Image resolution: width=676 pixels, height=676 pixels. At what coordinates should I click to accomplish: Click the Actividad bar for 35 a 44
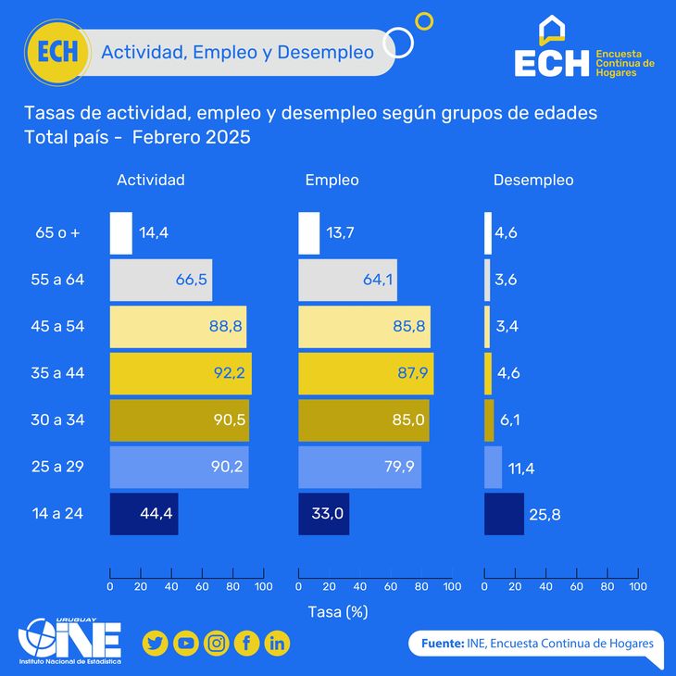(181, 374)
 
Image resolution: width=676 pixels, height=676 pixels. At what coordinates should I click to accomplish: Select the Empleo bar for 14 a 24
(323, 514)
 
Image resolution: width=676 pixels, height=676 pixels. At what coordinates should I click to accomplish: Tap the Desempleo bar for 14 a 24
(504, 514)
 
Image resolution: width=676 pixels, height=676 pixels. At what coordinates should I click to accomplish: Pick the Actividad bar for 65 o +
(121, 233)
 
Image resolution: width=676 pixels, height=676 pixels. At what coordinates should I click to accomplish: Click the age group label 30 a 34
(57, 420)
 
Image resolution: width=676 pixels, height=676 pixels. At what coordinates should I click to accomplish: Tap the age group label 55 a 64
(57, 281)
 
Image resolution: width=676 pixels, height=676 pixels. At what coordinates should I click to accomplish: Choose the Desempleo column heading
(532, 181)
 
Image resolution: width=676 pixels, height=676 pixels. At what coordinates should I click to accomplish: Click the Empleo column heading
(332, 181)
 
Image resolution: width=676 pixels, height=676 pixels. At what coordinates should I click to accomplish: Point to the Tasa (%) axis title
(337, 612)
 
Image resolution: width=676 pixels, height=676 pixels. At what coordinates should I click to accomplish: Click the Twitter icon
(156, 643)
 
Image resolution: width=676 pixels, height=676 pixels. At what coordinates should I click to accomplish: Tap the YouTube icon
(186, 643)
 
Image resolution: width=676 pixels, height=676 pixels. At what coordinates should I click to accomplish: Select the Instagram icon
(217, 643)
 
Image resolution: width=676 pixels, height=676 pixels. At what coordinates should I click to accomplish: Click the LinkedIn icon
(277, 643)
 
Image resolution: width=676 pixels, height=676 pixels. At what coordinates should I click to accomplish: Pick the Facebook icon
(246, 643)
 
